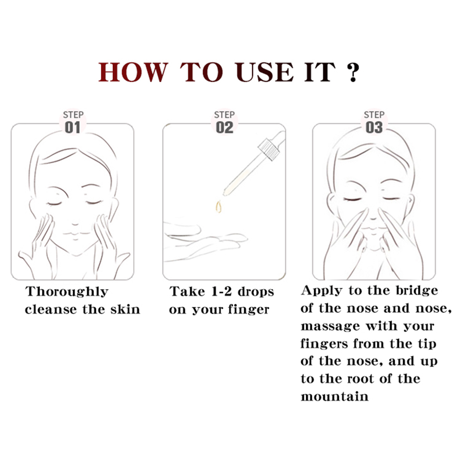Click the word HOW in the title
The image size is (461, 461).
point(133,72)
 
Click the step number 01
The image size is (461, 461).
point(72,128)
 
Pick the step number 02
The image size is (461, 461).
point(225,128)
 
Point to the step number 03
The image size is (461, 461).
point(374,128)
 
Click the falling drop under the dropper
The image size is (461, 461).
point(218,206)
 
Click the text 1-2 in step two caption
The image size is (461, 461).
point(222,292)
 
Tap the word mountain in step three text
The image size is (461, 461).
point(334,397)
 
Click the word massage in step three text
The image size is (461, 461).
point(331,327)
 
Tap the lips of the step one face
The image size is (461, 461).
point(75,234)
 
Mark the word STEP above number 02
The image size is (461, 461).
point(224,115)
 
